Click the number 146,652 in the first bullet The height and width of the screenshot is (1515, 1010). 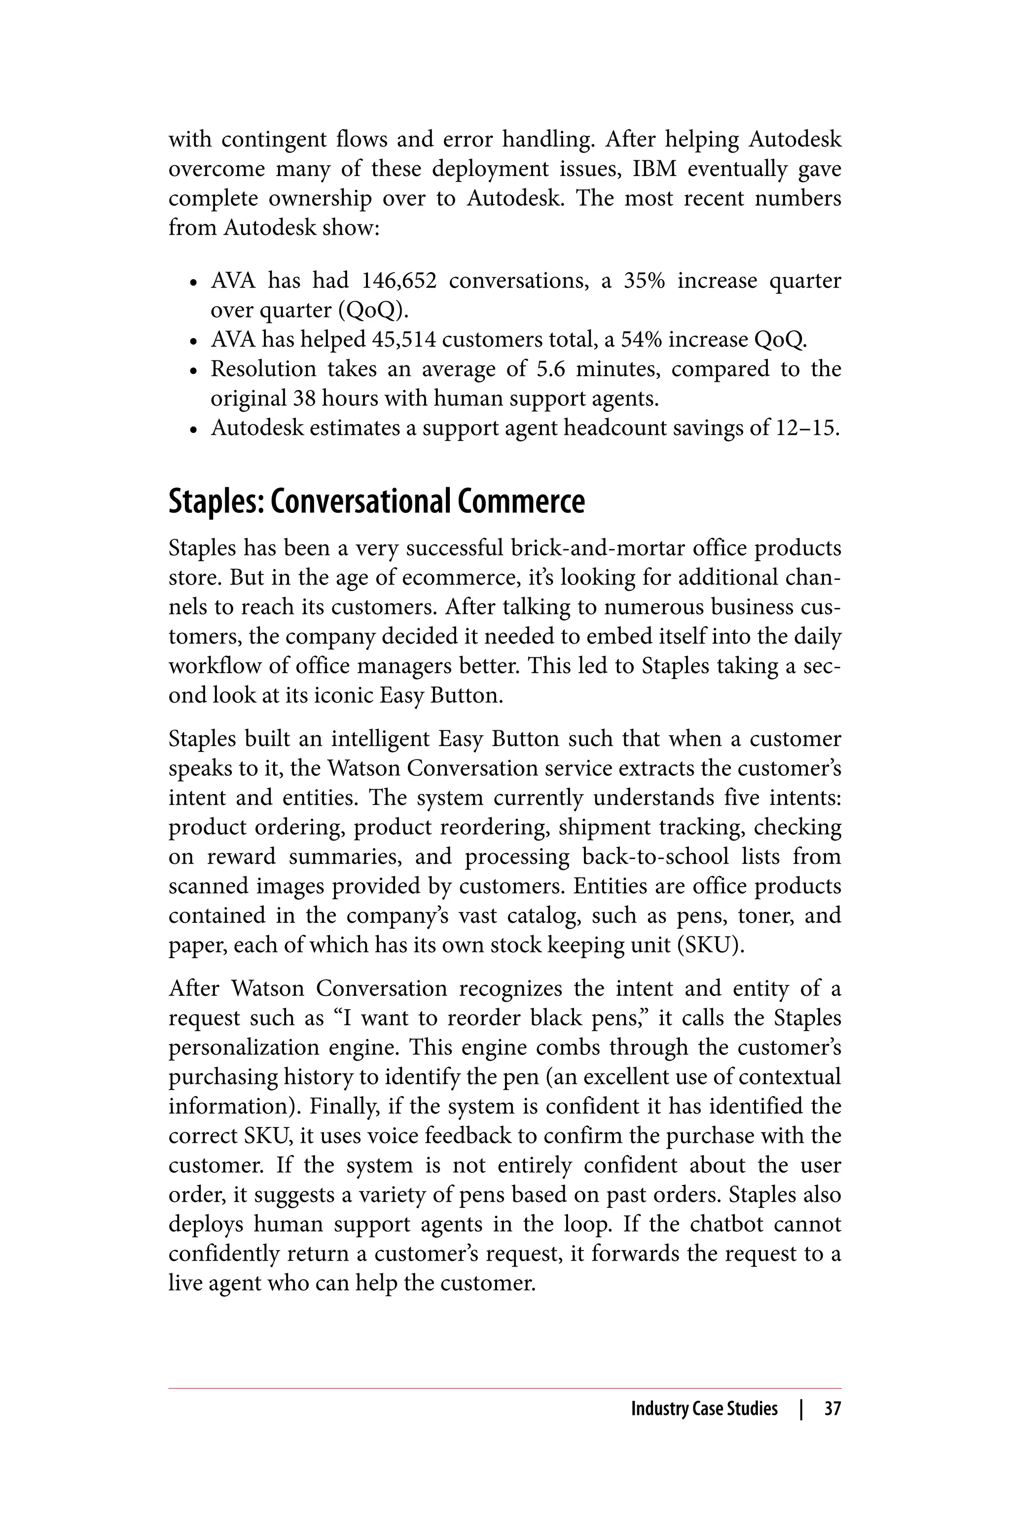click(398, 281)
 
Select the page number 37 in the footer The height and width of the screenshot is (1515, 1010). click(832, 1408)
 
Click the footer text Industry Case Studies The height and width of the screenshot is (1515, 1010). click(704, 1408)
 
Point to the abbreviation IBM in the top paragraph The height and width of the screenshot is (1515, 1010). click(654, 169)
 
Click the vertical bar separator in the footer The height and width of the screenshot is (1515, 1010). click(801, 1408)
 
